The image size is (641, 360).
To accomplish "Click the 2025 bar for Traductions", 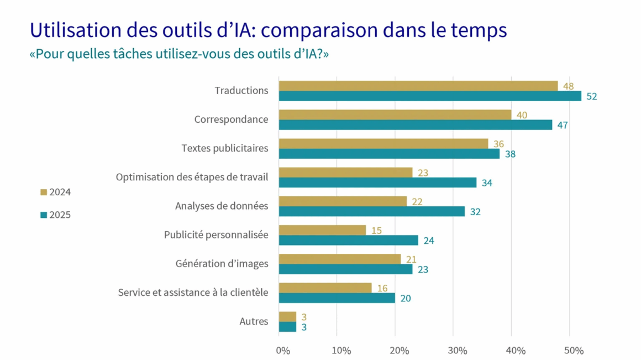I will point(430,96).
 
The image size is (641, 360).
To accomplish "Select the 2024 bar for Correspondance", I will point(395,114).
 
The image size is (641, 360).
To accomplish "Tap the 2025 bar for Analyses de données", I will point(372,211).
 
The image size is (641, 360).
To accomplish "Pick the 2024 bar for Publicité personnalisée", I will point(322,230).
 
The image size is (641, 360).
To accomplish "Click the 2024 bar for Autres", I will point(287,316).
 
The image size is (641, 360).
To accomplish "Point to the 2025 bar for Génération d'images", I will point(345,269).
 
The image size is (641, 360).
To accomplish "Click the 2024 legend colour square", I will point(44,192).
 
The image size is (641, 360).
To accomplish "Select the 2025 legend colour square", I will point(44,215).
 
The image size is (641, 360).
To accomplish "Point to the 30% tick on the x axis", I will point(458,351).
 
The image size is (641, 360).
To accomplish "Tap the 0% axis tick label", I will point(283,351).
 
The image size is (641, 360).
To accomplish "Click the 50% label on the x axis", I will point(574,351).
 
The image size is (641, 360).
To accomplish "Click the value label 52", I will point(591,96).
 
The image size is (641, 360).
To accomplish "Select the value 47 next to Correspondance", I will point(563,125).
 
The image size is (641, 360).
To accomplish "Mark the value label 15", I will point(376,230).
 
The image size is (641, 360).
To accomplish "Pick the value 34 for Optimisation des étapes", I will point(487,182).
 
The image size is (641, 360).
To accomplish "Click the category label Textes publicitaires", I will point(225,148).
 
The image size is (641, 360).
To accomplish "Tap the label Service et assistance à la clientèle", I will point(193,293).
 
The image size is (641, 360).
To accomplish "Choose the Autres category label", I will point(254,321).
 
